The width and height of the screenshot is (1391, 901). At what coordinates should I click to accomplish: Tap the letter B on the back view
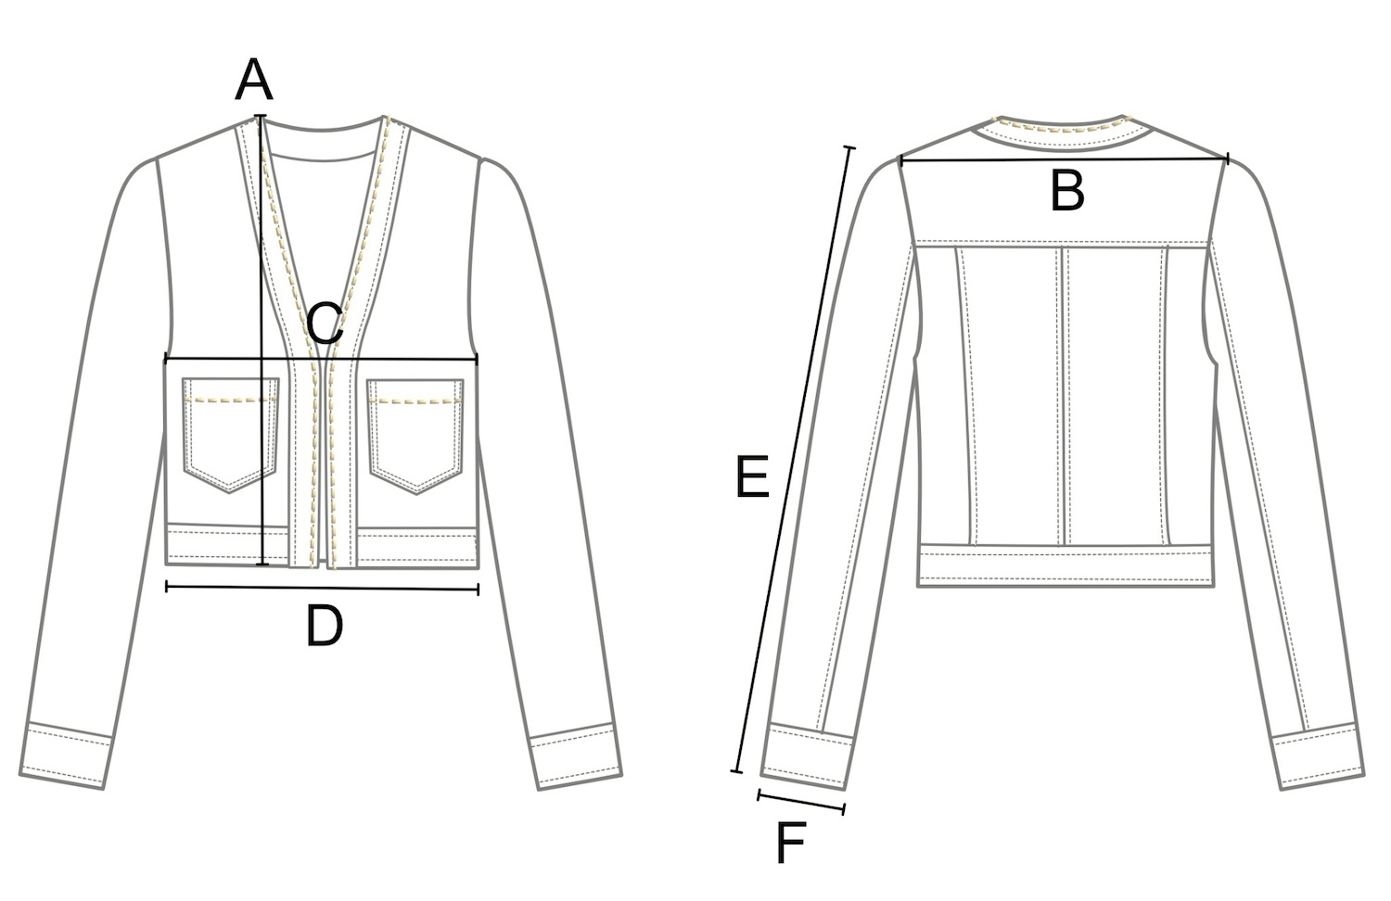point(1066,192)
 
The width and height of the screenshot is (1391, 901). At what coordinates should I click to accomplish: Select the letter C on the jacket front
point(325,325)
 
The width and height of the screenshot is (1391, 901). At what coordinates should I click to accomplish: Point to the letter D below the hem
point(325,627)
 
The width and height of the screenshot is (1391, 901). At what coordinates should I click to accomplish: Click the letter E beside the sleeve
point(752,477)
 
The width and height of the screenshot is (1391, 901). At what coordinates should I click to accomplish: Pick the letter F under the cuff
point(789,843)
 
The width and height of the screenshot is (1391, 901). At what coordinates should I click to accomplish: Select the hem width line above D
point(322,587)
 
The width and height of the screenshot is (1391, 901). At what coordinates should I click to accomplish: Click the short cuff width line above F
point(801,802)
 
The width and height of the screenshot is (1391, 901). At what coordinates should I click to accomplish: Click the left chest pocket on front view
point(231,431)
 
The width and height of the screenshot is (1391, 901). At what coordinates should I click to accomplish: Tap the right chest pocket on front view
point(416,431)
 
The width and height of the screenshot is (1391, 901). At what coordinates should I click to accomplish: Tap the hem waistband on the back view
point(1066,566)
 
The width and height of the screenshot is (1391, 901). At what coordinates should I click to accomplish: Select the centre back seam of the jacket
point(1065,394)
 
